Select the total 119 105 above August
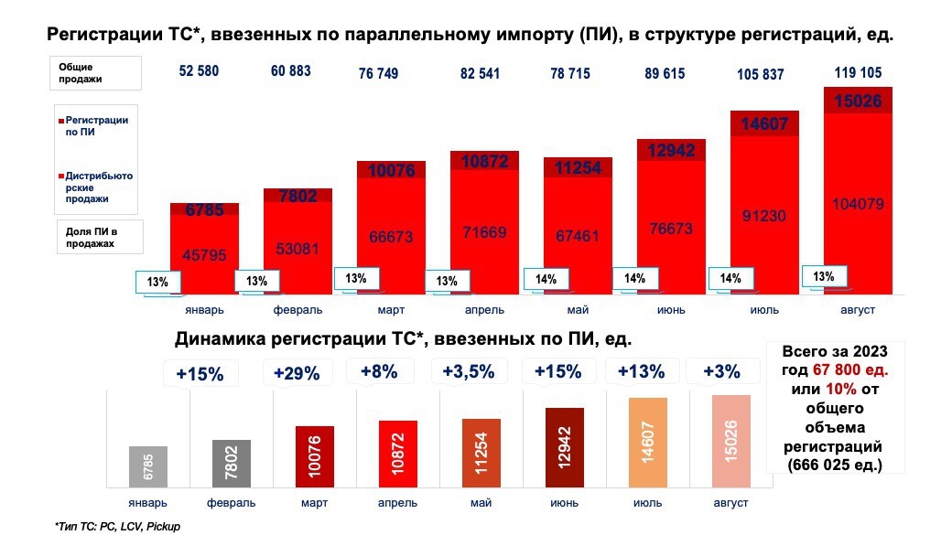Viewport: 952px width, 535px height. (858, 72)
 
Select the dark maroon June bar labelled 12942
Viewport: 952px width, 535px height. (564, 447)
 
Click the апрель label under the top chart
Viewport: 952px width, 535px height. (482, 310)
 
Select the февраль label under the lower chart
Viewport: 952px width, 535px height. (231, 503)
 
